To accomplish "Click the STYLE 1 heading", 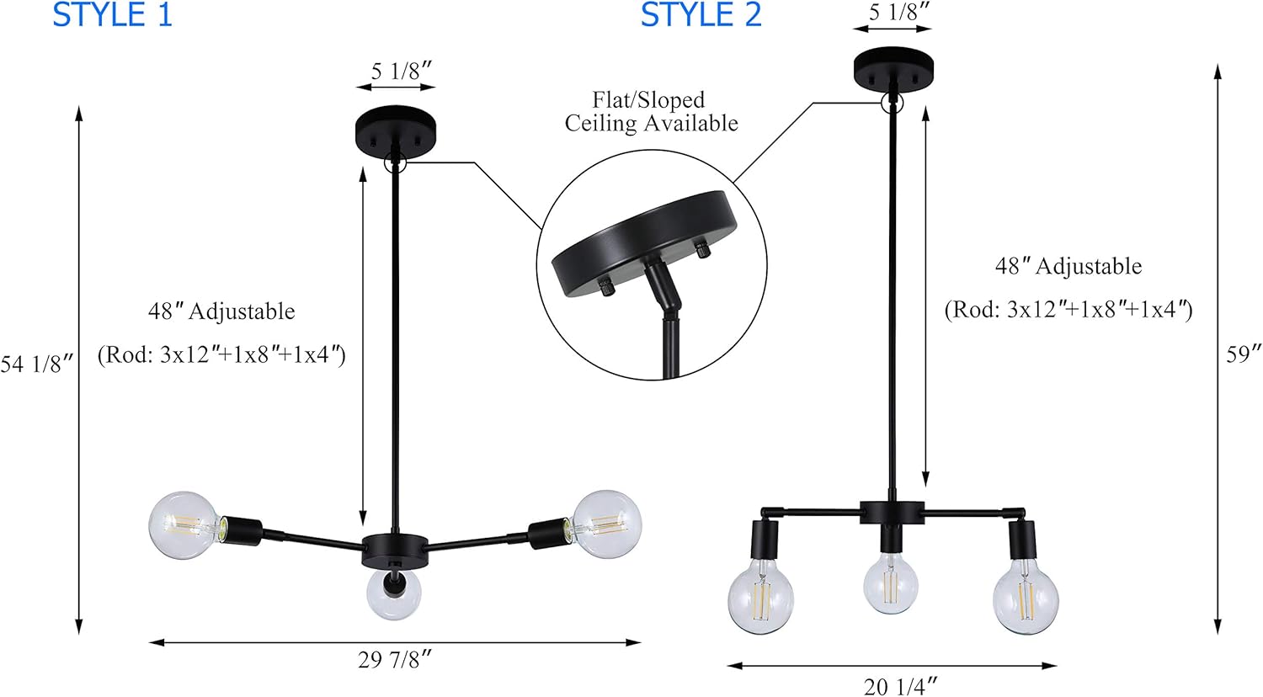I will tap(112, 16).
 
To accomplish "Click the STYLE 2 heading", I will tap(701, 16).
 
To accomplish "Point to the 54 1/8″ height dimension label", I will tap(37, 364).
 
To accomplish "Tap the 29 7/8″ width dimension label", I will tap(395, 660).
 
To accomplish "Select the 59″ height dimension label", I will tap(1244, 354).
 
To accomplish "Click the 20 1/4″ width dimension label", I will tap(900, 687).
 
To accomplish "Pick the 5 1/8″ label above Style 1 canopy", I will tap(402, 72).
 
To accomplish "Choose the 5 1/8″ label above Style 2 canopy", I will tap(899, 13).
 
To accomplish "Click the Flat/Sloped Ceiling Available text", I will tap(651, 112).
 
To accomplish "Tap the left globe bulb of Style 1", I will tap(184, 526).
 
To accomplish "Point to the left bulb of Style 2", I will tap(760, 600).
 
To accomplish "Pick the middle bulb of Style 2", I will tap(893, 583).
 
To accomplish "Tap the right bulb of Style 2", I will tap(1026, 601).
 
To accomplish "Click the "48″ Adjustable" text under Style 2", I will tap(1068, 267).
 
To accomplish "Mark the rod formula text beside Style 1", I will tap(221, 354).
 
